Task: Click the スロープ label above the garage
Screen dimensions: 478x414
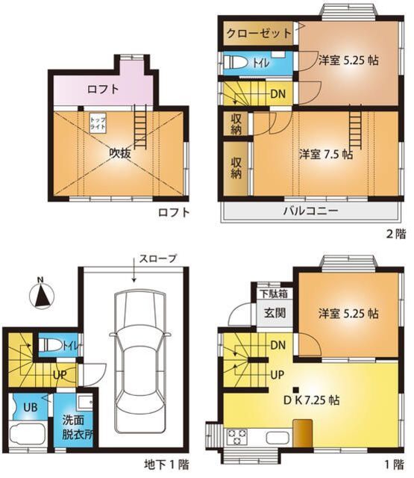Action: [x=157, y=258]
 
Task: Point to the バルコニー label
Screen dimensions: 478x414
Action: [x=310, y=211]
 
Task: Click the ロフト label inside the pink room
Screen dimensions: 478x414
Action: [x=102, y=89]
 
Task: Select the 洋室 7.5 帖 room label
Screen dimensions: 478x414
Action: [x=326, y=155]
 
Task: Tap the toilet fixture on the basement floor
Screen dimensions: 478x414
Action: [x=50, y=345]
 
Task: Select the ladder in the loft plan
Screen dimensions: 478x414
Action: [x=139, y=119]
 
